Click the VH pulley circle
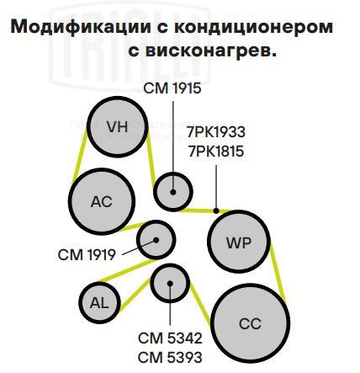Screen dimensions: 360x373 tap(118, 127)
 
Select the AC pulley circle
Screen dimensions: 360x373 tap(102, 201)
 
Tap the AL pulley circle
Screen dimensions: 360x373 tap(99, 303)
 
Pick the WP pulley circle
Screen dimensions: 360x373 tap(239, 242)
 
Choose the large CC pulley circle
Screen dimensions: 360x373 tap(250, 323)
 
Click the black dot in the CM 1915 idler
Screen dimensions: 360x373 tap(173, 192)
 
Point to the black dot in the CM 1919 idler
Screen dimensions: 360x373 tap(156, 240)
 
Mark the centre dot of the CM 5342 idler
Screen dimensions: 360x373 tap(170, 284)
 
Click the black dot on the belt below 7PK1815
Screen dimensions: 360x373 tap(216, 210)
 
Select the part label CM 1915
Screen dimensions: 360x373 tap(172, 88)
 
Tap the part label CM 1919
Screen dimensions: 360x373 tap(87, 255)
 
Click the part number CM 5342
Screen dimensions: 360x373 tap(170, 338)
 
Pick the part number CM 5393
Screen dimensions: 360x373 tap(170, 357)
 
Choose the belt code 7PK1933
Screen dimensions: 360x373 tap(216, 132)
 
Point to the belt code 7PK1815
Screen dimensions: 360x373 tap(216, 152)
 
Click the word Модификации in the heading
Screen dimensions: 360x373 tap(81, 28)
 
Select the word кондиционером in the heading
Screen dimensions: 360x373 tap(253, 28)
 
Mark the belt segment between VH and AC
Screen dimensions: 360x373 tap(80, 157)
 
